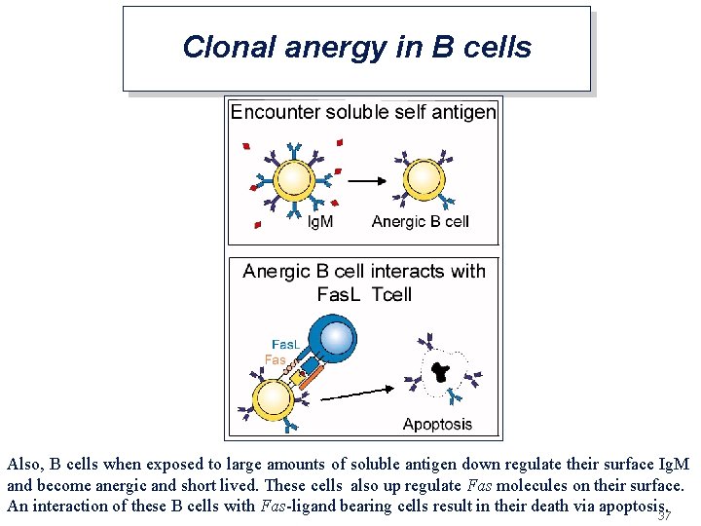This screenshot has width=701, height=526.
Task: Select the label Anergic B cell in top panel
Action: [x=421, y=222]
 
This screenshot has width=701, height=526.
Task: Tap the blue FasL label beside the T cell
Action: [x=285, y=345]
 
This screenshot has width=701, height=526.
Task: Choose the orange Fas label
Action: [x=276, y=359]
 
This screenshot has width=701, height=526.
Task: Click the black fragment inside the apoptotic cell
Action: [x=441, y=371]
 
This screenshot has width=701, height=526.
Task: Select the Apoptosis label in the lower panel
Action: [x=437, y=424]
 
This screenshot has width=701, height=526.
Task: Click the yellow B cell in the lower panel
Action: [x=273, y=397]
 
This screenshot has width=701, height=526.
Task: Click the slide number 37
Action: [x=665, y=515]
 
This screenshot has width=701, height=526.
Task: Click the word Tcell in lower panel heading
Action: [x=392, y=294]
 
